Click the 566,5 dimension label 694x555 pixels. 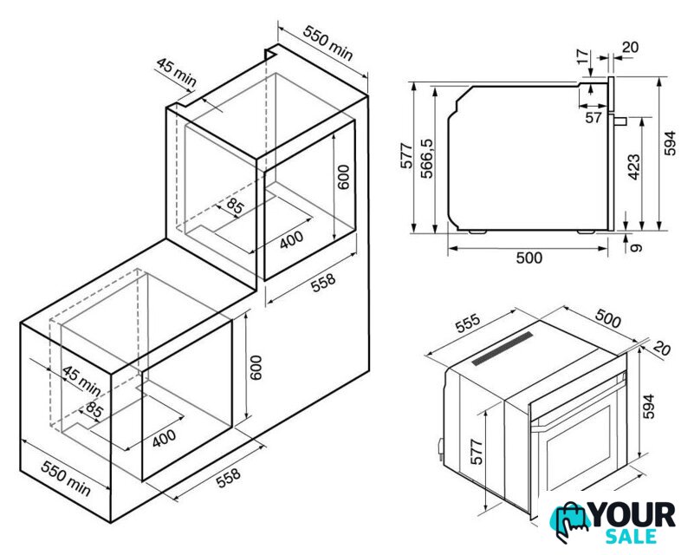tap(427, 158)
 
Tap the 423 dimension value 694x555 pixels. tap(634, 166)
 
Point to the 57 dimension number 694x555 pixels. tap(593, 117)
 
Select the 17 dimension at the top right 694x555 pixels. tap(583, 56)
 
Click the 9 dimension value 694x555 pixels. tap(636, 247)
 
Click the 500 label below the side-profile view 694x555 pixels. tap(529, 258)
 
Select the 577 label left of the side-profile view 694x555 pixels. tap(406, 155)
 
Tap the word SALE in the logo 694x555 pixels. tap(630, 537)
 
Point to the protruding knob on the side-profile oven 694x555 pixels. tap(620, 120)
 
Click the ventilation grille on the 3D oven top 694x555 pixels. tap(503, 349)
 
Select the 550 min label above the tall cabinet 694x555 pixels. tap(328, 43)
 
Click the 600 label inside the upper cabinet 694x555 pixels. tap(343, 177)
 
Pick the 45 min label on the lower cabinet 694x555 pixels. tap(81, 381)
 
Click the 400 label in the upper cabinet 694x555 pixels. tap(291, 238)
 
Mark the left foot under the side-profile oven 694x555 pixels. tap(477, 232)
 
